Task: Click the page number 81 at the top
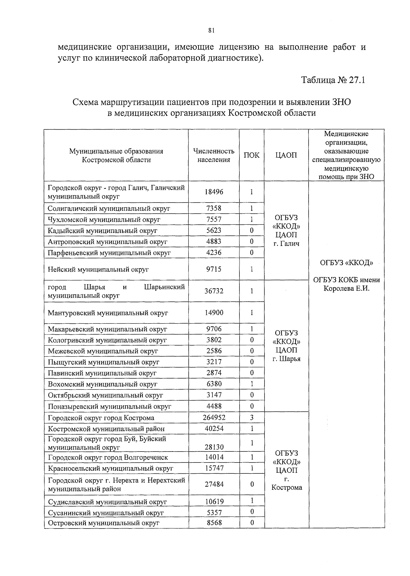[x=211, y=31]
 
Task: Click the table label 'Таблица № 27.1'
[x=333, y=80]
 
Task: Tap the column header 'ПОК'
[x=251, y=155]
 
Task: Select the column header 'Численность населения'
[x=214, y=155]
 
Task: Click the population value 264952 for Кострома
[x=214, y=418]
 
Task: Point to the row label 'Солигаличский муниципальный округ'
[x=109, y=208]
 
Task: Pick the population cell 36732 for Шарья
[x=214, y=291]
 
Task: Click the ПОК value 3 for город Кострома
[x=251, y=418]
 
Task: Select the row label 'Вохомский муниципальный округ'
[x=102, y=384]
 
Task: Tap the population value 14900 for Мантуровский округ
[x=214, y=313]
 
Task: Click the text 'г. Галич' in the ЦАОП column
[x=286, y=244]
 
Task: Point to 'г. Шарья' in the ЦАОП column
[x=286, y=359]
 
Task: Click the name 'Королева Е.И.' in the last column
[x=346, y=288]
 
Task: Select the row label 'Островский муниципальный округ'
[x=104, y=523]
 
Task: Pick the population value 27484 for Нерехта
[x=214, y=484]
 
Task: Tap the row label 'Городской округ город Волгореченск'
[x=108, y=458]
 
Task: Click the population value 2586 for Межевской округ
[x=214, y=351]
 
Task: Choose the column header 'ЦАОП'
[x=286, y=155]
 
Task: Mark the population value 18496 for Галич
[x=214, y=192]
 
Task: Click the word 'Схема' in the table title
[x=84, y=102]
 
